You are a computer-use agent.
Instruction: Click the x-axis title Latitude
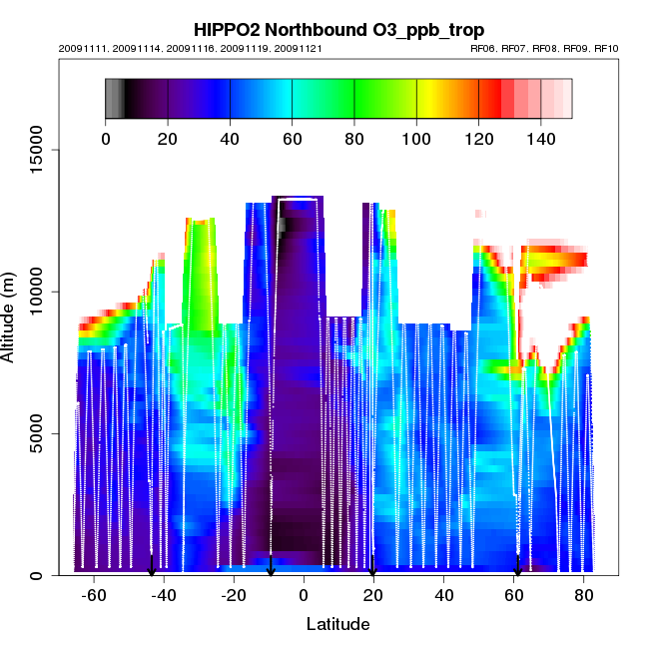[337, 624]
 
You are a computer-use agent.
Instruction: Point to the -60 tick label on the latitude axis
[94, 595]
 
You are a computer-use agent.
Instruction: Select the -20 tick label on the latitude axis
[234, 595]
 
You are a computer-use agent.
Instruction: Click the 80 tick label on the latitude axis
[583, 595]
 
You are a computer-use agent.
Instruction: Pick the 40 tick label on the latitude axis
[443, 595]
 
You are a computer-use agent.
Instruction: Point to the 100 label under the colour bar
[416, 138]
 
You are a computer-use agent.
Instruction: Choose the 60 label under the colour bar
[293, 138]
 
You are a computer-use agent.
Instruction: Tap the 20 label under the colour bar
[168, 138]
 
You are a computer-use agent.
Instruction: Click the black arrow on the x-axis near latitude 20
[372, 569]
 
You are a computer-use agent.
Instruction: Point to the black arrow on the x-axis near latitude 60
[517, 569]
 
